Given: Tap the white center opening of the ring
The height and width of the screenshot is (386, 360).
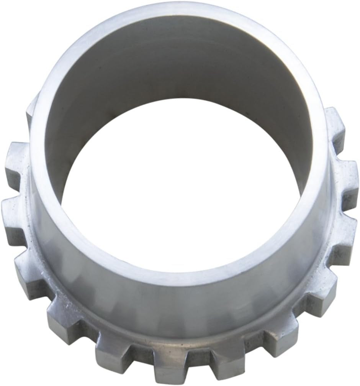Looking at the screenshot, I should (x=180, y=199).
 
